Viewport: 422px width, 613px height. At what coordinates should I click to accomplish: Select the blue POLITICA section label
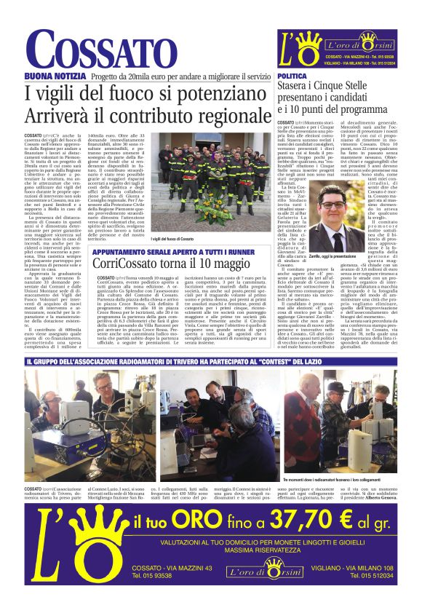tap(292, 76)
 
